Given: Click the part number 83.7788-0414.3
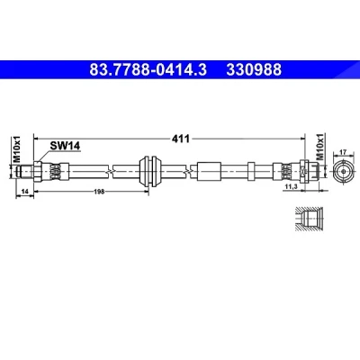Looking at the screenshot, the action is point(148,70).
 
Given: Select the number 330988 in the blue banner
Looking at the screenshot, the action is point(254,70).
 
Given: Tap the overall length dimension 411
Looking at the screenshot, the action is point(180,139).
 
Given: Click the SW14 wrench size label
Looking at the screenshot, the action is point(65,146).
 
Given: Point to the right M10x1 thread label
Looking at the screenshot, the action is point(320,147).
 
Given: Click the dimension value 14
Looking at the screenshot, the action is point(24,191).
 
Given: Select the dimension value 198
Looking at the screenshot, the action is point(99,191).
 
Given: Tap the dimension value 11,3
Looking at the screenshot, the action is point(291,187).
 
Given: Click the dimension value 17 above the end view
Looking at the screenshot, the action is point(343,152).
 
